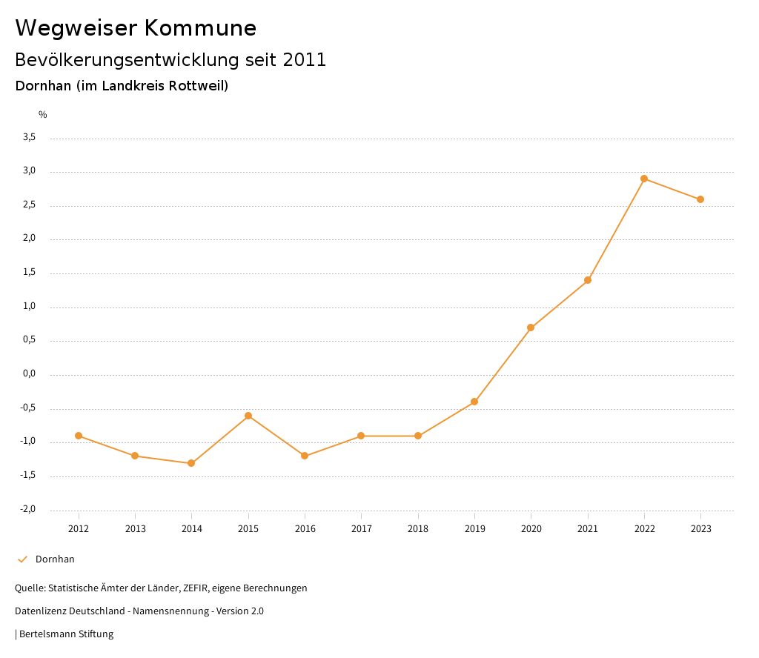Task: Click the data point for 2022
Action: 644,179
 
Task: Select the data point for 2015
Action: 248,416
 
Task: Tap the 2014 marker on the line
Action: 191,463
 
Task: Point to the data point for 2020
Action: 531,328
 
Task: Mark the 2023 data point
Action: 700,199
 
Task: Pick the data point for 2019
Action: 474,402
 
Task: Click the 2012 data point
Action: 79,436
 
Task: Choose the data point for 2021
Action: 588,280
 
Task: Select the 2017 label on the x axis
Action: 361,529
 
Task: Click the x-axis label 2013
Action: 135,529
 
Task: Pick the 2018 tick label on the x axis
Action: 418,529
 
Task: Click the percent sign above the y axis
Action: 43,115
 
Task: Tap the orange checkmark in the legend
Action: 22,559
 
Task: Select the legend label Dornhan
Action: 55,559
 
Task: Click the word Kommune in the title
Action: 200,28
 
